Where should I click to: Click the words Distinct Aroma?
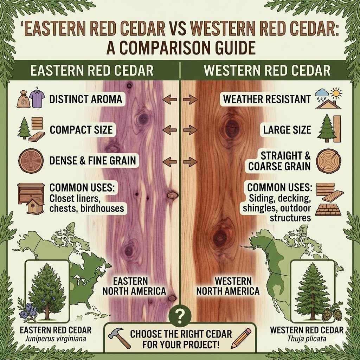(85, 99)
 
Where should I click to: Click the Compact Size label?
(81, 130)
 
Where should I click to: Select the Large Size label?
(287, 130)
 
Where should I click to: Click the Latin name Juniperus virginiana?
(56, 340)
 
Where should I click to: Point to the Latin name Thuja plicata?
(307, 340)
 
